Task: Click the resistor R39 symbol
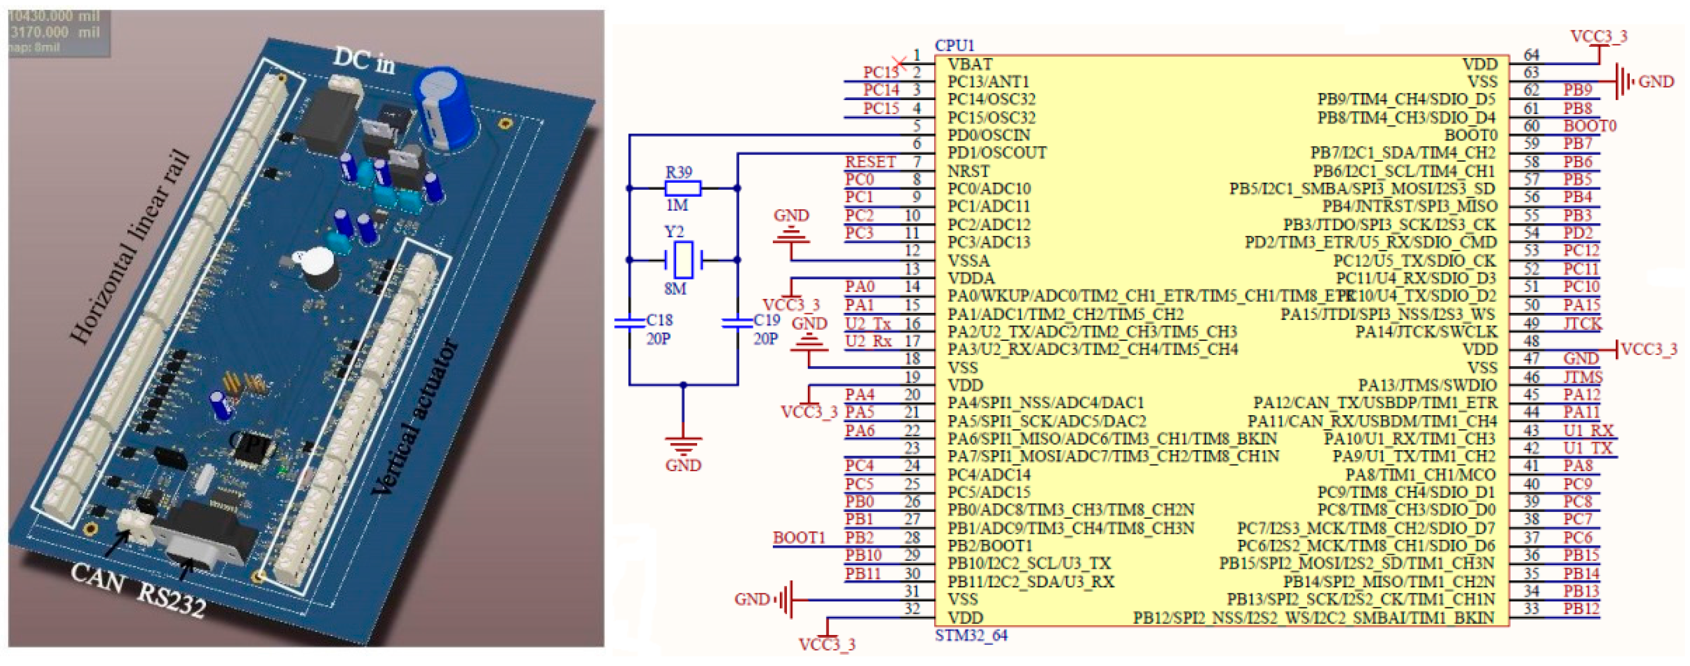[x=682, y=189]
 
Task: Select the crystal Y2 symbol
[x=683, y=260]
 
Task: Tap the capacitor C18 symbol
[x=629, y=322]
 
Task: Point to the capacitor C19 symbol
[x=737, y=322]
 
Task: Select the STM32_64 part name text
[x=970, y=635]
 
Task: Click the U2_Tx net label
[x=867, y=323]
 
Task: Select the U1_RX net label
[x=1587, y=431]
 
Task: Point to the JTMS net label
[x=1582, y=377]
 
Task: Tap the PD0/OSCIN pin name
[x=988, y=135]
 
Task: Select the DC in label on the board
[x=364, y=60]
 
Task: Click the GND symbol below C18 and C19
[x=683, y=446]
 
